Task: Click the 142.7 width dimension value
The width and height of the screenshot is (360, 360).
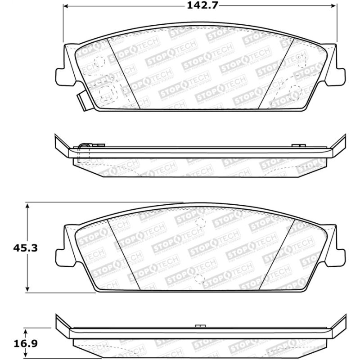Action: (x=198, y=6)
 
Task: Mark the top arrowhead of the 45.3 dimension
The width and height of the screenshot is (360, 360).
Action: (x=28, y=205)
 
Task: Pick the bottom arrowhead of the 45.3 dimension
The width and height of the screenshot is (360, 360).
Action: (x=28, y=290)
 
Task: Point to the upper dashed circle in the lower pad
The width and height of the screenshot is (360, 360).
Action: (x=200, y=221)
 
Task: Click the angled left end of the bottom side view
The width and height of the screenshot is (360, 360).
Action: (x=61, y=325)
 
